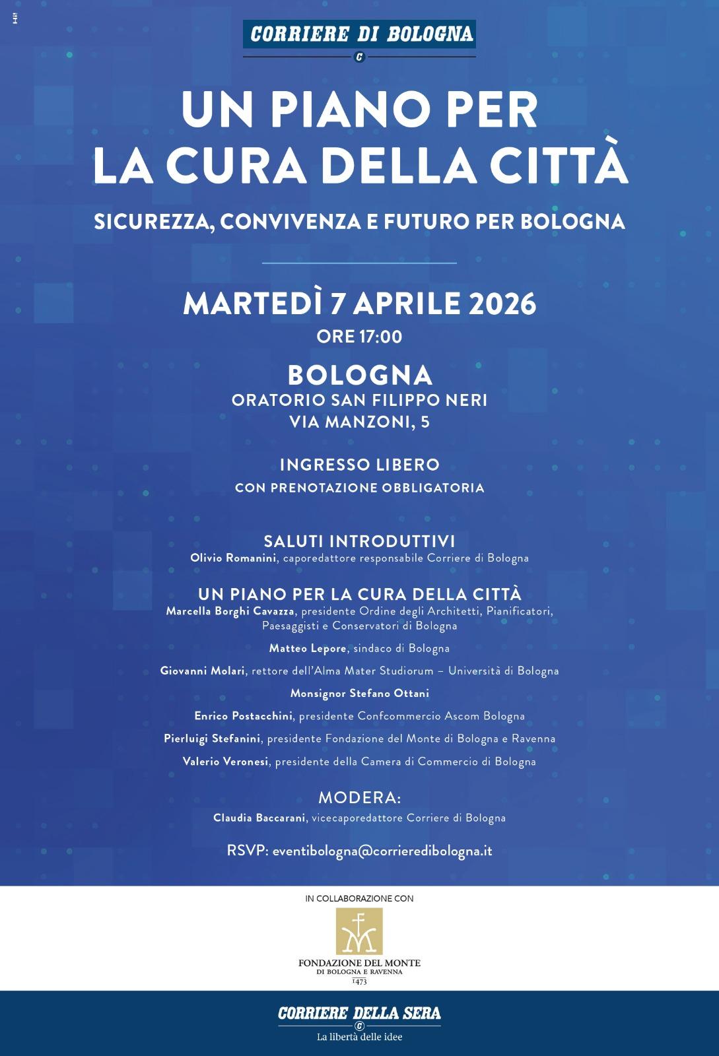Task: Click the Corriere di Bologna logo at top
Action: (x=359, y=34)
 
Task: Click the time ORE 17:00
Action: (x=359, y=337)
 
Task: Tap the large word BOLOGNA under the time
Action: (x=360, y=376)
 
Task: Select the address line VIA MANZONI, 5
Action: (x=359, y=422)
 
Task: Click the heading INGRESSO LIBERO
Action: (x=359, y=465)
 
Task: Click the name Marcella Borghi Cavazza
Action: (x=230, y=611)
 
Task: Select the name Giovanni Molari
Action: (x=203, y=671)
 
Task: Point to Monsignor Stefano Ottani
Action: (x=359, y=694)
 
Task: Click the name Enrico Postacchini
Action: (x=244, y=716)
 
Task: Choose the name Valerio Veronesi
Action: (x=226, y=762)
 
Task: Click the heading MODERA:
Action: (x=359, y=798)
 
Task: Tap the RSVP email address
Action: (x=382, y=851)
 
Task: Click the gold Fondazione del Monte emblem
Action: (x=359, y=931)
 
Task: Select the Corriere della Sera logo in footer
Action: (x=359, y=1014)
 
